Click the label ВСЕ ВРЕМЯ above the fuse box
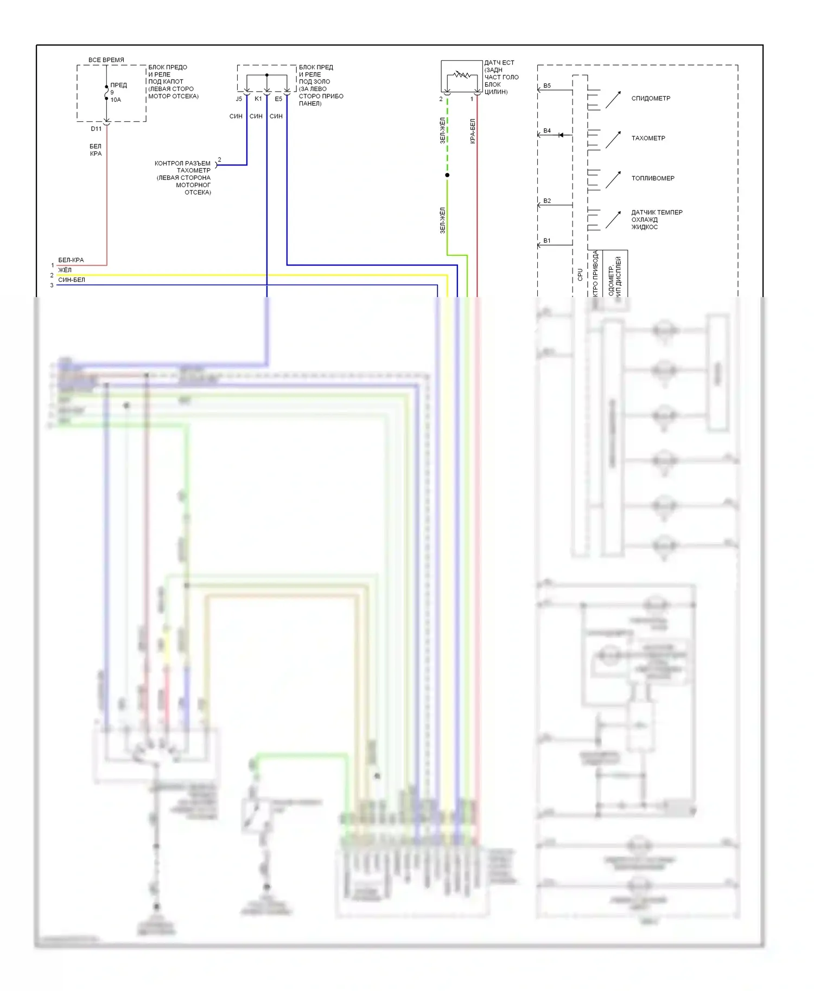(106, 60)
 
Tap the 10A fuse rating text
(116, 100)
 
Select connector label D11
(96, 129)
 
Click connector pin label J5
(239, 99)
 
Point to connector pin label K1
(258, 99)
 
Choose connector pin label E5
(278, 99)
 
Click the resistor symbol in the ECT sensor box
(462, 74)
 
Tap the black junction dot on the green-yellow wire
(447, 175)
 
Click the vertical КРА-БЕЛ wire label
(473, 131)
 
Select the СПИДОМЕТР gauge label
(651, 99)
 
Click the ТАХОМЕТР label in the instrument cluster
(648, 138)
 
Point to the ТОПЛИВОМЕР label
(652, 178)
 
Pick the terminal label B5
(547, 86)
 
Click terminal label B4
(547, 131)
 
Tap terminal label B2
(547, 201)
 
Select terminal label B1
(547, 241)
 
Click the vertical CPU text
(580, 274)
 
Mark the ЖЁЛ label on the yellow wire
(65, 270)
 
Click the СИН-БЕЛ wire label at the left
(72, 280)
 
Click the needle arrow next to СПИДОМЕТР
(613, 100)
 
